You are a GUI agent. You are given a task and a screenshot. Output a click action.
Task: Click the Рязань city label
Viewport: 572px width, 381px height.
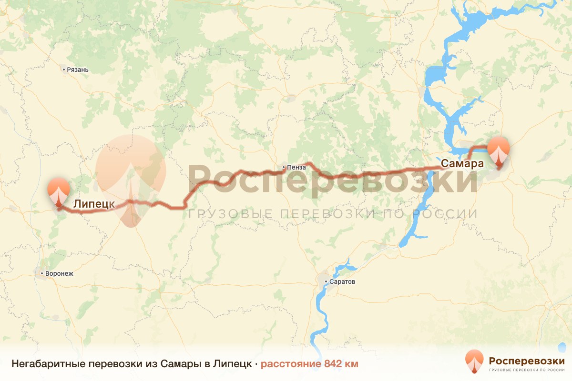pyautogui.click(x=78, y=70)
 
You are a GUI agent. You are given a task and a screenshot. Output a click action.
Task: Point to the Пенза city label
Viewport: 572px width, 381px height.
pyautogui.click(x=295, y=167)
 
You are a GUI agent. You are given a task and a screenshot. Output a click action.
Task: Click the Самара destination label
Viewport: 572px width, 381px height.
pyautogui.click(x=462, y=163)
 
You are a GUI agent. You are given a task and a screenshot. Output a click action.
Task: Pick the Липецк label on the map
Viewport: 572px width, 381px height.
pyautogui.click(x=94, y=204)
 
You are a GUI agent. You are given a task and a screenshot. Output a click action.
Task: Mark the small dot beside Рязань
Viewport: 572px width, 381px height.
pyautogui.click(x=64, y=70)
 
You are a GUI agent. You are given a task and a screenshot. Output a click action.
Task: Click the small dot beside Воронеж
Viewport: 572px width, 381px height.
pyautogui.click(x=42, y=274)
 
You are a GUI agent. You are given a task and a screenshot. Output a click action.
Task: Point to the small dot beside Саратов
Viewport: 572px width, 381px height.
pyautogui.click(x=326, y=282)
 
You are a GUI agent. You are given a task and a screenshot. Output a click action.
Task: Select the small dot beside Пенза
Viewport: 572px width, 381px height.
pyautogui.click(x=284, y=167)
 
